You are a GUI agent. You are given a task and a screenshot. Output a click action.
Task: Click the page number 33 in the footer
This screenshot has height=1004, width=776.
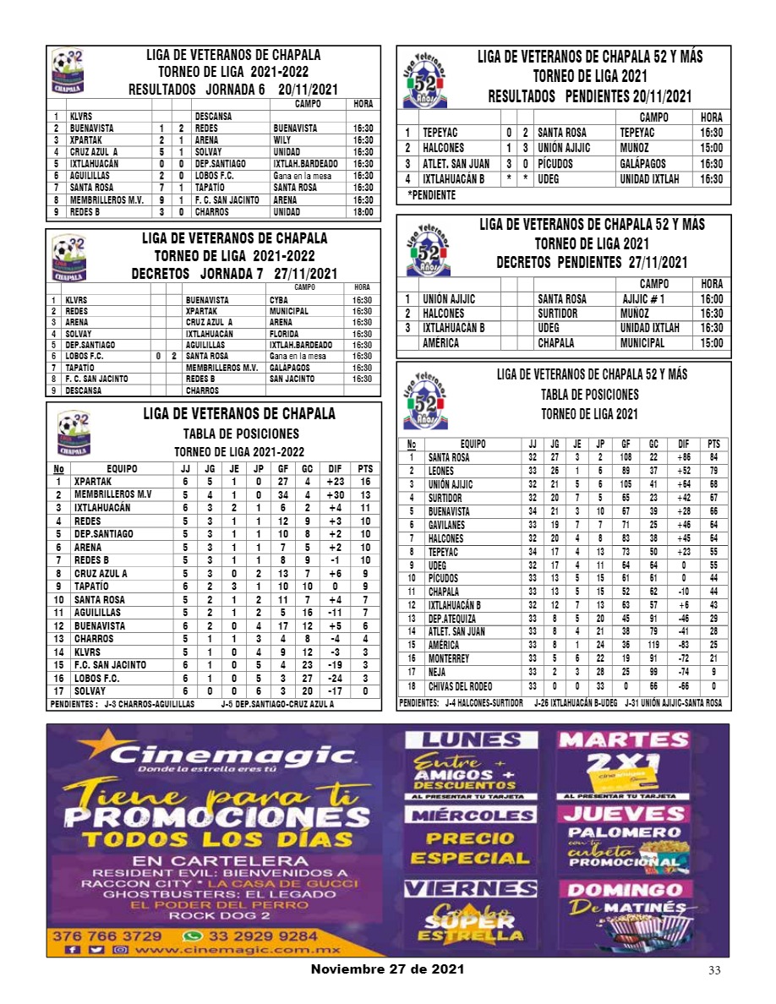pyautogui.click(x=714, y=970)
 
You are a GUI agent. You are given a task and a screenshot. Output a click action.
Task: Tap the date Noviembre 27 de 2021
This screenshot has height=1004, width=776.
pyautogui.click(x=387, y=969)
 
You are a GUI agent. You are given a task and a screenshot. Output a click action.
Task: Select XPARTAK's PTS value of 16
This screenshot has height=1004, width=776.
pyautogui.click(x=365, y=482)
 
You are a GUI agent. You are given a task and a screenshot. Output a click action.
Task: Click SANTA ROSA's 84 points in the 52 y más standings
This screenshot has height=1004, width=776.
pyautogui.click(x=713, y=457)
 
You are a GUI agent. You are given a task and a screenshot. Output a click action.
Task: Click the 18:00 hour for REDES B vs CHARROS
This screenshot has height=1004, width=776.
pyautogui.click(x=363, y=212)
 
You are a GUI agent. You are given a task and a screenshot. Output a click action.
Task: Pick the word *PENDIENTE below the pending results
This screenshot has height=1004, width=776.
pyautogui.click(x=431, y=195)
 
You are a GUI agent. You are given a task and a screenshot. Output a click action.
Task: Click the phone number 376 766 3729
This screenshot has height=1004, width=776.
pyautogui.click(x=107, y=936)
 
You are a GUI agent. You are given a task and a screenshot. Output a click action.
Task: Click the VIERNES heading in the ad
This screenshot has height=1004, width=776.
pyautogui.click(x=470, y=888)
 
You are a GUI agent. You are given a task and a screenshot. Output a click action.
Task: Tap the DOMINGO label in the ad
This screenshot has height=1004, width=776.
pyautogui.click(x=625, y=891)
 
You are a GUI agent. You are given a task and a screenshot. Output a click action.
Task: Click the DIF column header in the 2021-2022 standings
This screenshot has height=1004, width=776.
pyautogui.click(x=336, y=468)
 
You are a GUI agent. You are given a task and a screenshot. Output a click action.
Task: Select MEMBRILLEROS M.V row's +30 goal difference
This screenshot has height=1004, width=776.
pyautogui.click(x=336, y=495)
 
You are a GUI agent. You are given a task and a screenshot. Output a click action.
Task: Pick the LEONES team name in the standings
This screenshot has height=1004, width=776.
pyautogui.click(x=443, y=471)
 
